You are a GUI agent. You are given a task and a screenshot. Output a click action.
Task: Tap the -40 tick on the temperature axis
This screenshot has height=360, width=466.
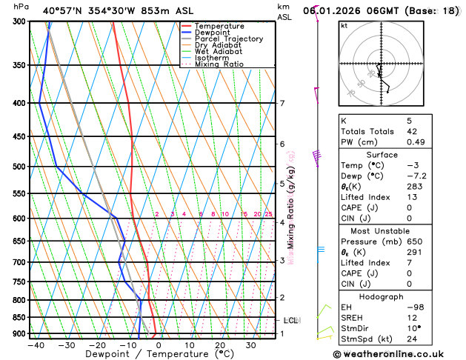[x=36, y=344]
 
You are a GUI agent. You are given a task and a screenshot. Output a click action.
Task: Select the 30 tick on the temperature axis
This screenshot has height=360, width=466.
[x=250, y=344]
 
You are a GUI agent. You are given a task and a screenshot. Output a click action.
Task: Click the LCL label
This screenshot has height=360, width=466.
[x=290, y=320]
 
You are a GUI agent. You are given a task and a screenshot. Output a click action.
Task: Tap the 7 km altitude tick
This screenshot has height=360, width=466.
[x=282, y=103]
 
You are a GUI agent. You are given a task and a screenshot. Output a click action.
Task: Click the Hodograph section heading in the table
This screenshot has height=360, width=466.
[x=393, y=296]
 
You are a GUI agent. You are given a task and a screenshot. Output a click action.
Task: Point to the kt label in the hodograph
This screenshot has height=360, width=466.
[x=344, y=26]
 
